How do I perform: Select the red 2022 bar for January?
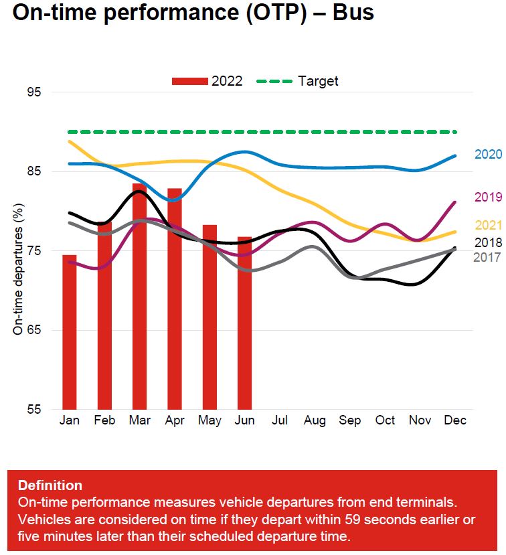pyautogui.click(x=70, y=332)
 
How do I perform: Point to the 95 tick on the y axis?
pyautogui.click(x=33, y=92)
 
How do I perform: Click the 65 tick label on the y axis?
pyautogui.click(x=33, y=330)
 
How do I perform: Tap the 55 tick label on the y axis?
pyautogui.click(x=33, y=410)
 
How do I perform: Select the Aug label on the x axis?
pyautogui.click(x=315, y=421)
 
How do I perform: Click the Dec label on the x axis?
pyautogui.click(x=455, y=421)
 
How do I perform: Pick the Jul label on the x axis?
pyautogui.click(x=279, y=421)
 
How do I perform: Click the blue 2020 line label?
pyautogui.click(x=488, y=155)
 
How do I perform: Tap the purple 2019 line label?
pyautogui.click(x=488, y=197)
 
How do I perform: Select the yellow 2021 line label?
pyautogui.click(x=488, y=226)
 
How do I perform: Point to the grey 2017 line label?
pyautogui.click(x=487, y=257)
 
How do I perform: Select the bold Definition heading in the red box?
pyautogui.click(x=50, y=485)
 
